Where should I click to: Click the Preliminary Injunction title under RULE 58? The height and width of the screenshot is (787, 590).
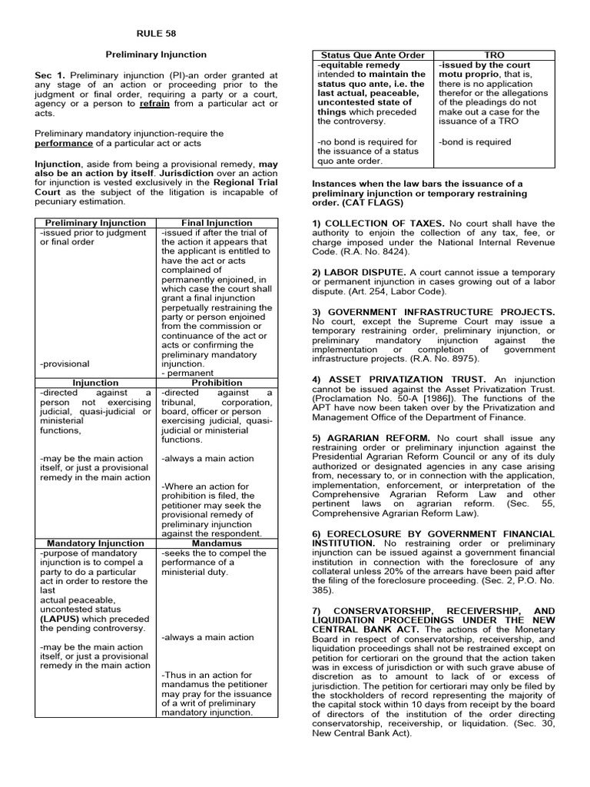pos(156,55)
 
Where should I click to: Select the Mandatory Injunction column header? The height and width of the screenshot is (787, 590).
pos(96,543)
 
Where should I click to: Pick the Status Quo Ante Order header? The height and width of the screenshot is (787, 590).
pos(373,55)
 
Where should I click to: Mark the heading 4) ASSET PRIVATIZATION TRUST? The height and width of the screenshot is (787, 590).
pos(399,379)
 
